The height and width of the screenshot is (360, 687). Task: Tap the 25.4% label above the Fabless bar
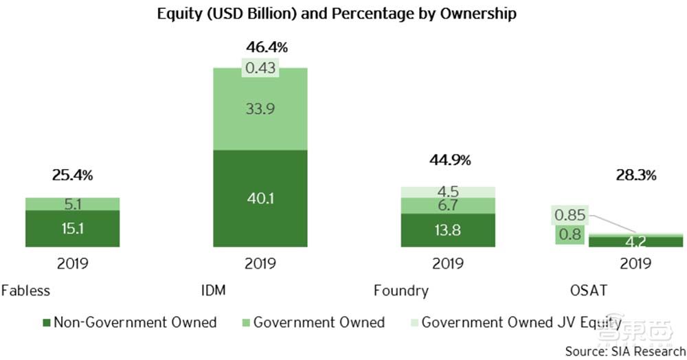(x=72, y=175)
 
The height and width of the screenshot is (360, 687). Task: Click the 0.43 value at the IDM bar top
(x=260, y=69)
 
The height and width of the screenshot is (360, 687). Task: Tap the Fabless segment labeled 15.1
(x=72, y=229)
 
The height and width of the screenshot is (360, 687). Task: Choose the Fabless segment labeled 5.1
(x=72, y=203)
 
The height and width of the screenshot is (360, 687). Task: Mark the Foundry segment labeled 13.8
(x=447, y=230)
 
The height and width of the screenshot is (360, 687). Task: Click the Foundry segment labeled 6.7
(x=447, y=205)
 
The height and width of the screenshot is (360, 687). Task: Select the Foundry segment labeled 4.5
(x=447, y=192)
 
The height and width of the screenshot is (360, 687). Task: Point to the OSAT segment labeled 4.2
(x=635, y=241)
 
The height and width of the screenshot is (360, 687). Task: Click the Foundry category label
(x=401, y=291)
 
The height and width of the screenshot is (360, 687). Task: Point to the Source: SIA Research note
(x=624, y=350)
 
